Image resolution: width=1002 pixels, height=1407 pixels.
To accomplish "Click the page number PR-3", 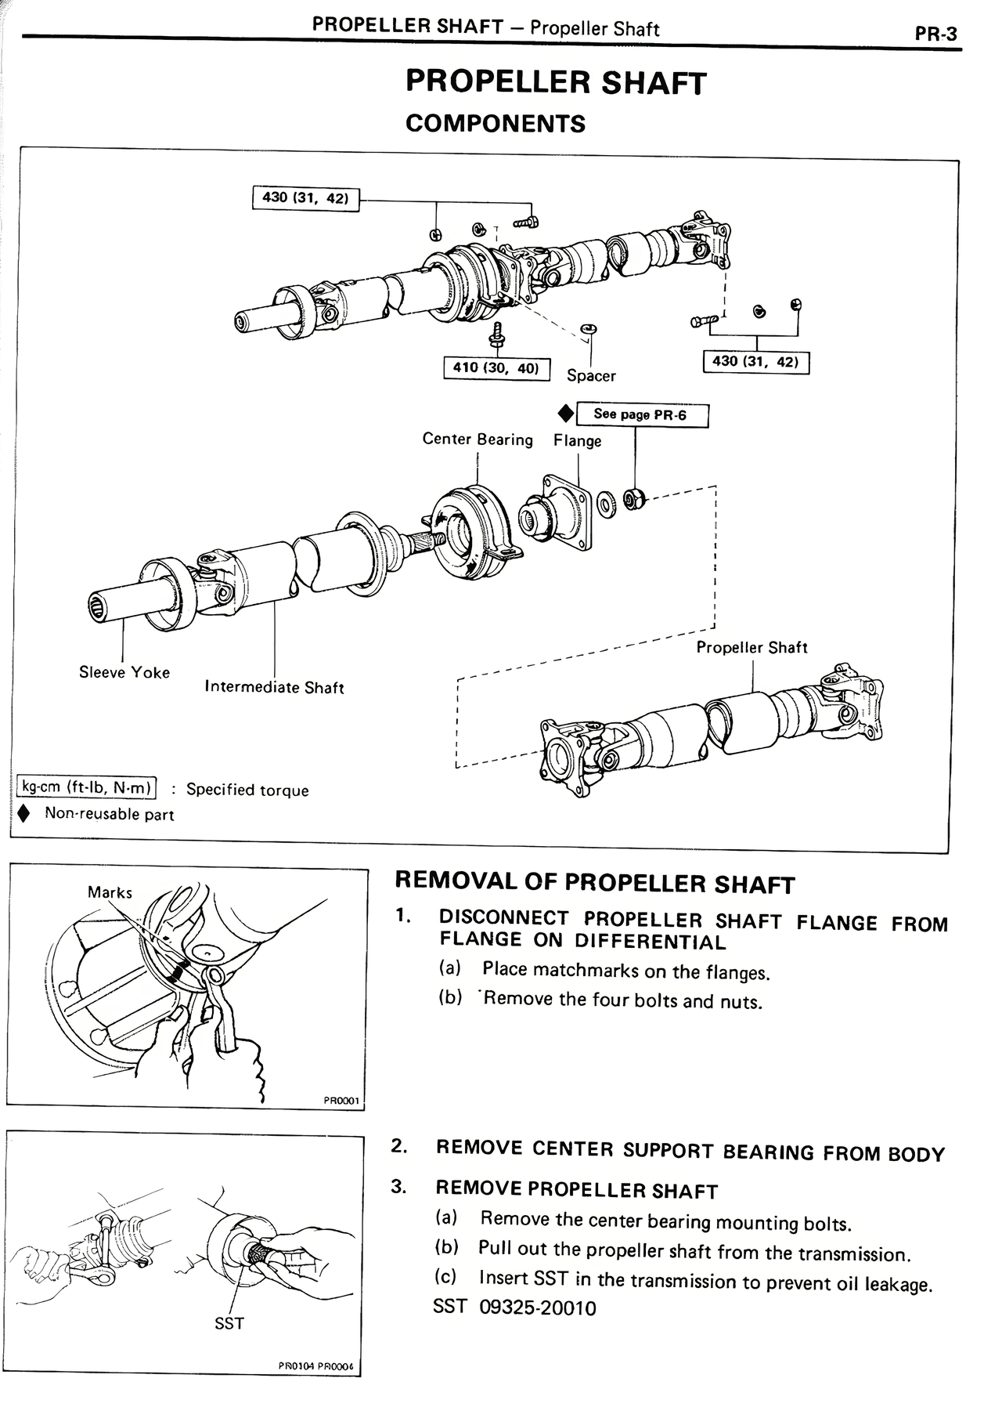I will pyautogui.click(x=935, y=34).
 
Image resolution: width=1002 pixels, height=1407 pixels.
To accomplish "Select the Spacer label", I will pyautogui.click(x=591, y=376).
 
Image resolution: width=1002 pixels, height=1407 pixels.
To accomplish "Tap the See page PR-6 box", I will pyautogui.click(x=641, y=414).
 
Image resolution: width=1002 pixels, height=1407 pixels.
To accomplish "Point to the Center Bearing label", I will pyautogui.click(x=478, y=439).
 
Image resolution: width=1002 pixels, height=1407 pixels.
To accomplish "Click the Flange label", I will pyautogui.click(x=578, y=441).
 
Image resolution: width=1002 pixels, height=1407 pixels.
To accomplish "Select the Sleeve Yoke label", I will pyautogui.click(x=124, y=672).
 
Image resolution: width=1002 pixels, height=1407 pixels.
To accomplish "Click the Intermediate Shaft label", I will pyautogui.click(x=274, y=688).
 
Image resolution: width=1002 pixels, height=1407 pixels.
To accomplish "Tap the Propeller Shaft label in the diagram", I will pyautogui.click(x=751, y=648).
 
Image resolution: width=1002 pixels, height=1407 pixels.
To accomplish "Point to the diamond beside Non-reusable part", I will pyautogui.click(x=25, y=814).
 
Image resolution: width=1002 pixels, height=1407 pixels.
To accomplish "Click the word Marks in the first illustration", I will pyautogui.click(x=110, y=892).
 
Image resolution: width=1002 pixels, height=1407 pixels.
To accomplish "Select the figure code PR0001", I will pyautogui.click(x=341, y=1101).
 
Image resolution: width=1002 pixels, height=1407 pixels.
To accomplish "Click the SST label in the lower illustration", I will pyautogui.click(x=229, y=1324).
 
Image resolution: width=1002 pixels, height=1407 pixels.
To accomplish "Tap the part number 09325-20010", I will pyautogui.click(x=537, y=1308).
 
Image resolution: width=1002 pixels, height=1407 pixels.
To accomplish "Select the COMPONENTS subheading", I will pyautogui.click(x=496, y=124).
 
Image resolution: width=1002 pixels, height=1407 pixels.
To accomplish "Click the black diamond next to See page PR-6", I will pyautogui.click(x=564, y=413).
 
